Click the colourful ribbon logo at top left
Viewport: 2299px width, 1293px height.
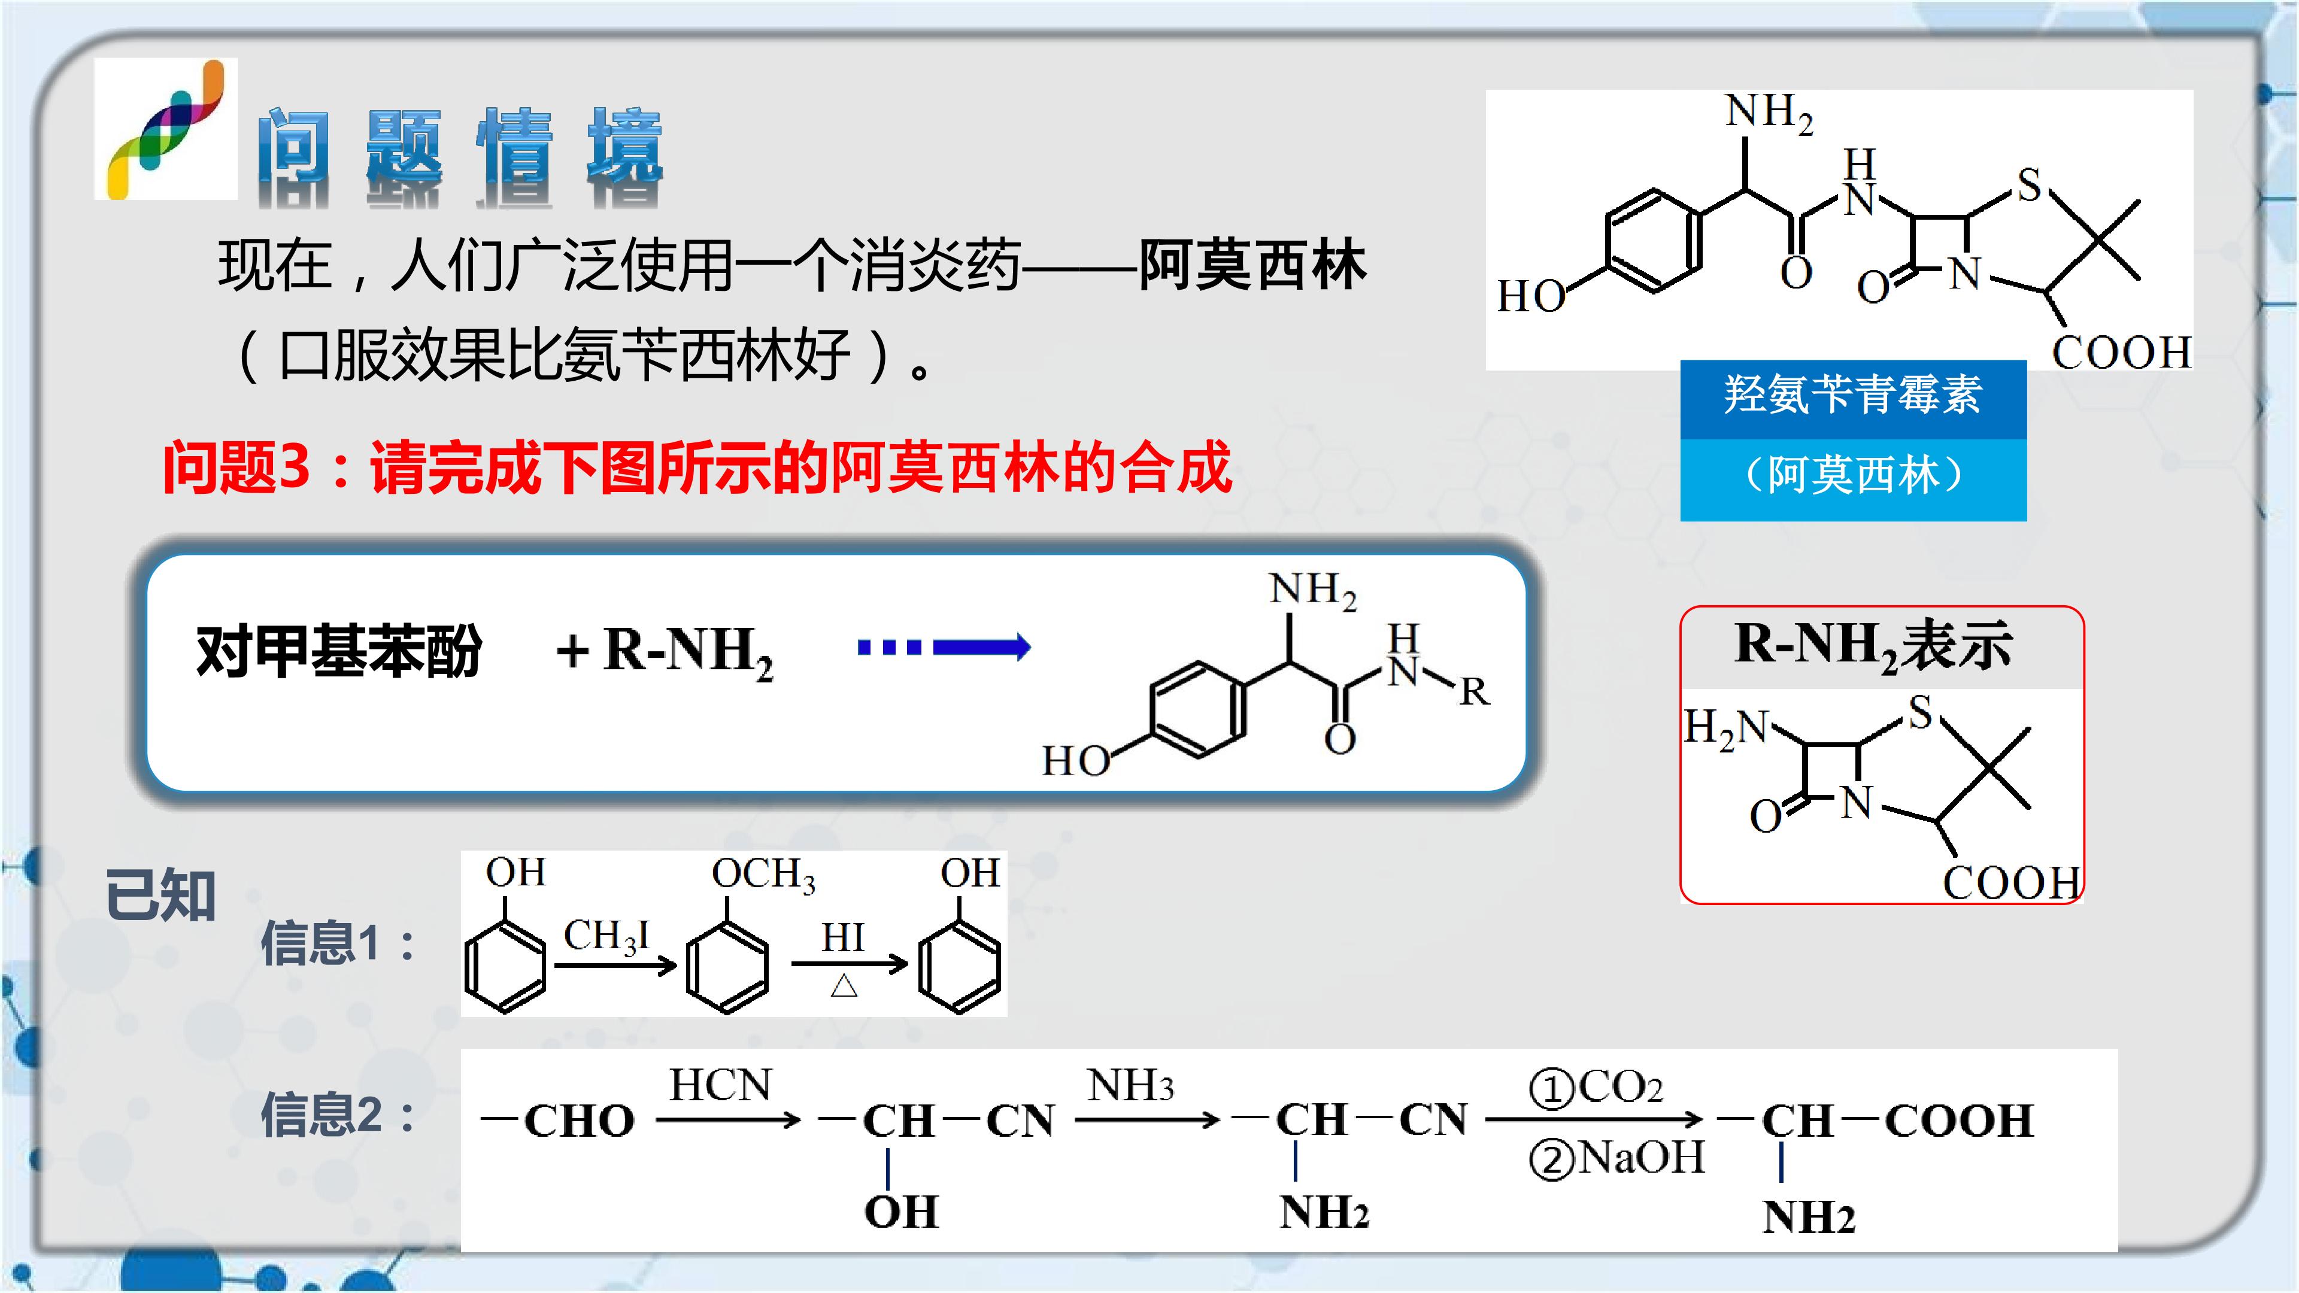pos(166,129)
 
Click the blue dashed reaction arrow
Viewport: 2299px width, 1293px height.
pos(944,647)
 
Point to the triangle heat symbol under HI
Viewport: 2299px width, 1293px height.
pos(844,985)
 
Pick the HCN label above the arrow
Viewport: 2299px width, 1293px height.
pos(720,1085)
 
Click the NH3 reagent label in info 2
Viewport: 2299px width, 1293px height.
pos(1130,1086)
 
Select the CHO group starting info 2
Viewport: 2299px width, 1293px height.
pos(578,1121)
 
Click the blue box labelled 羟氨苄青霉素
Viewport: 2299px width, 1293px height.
pos(1853,399)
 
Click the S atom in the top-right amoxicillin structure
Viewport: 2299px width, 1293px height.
pos(2028,186)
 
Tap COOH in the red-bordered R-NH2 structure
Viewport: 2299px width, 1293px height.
pos(2012,884)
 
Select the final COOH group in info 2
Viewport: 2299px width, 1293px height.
pos(1959,1121)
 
